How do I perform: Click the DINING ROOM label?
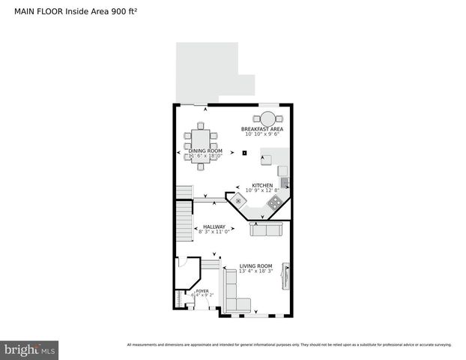pos(205,151)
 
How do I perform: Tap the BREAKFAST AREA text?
pos(261,129)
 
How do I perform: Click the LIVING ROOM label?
pos(255,266)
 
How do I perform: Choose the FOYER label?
pos(202,291)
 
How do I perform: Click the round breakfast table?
pos(267,118)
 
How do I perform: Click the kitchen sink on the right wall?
pos(284,182)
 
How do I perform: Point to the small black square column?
pos(244,153)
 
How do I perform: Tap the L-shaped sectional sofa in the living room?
pos(234,294)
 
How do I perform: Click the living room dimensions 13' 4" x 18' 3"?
pos(255,271)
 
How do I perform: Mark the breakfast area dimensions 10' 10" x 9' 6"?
pos(261,134)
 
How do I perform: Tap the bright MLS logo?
pos(29,349)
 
